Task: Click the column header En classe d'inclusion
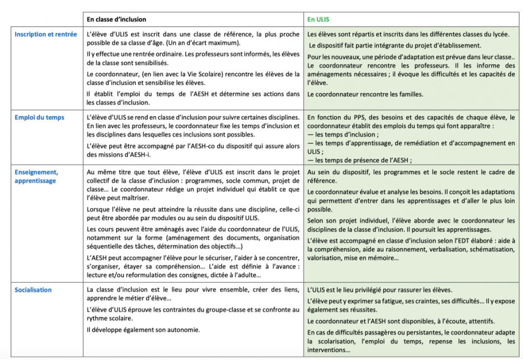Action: (116, 19)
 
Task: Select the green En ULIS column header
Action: (318, 19)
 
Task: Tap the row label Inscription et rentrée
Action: (46, 34)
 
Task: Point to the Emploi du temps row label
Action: (39, 117)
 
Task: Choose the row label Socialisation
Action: (33, 290)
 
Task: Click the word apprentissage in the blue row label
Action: (35, 181)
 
